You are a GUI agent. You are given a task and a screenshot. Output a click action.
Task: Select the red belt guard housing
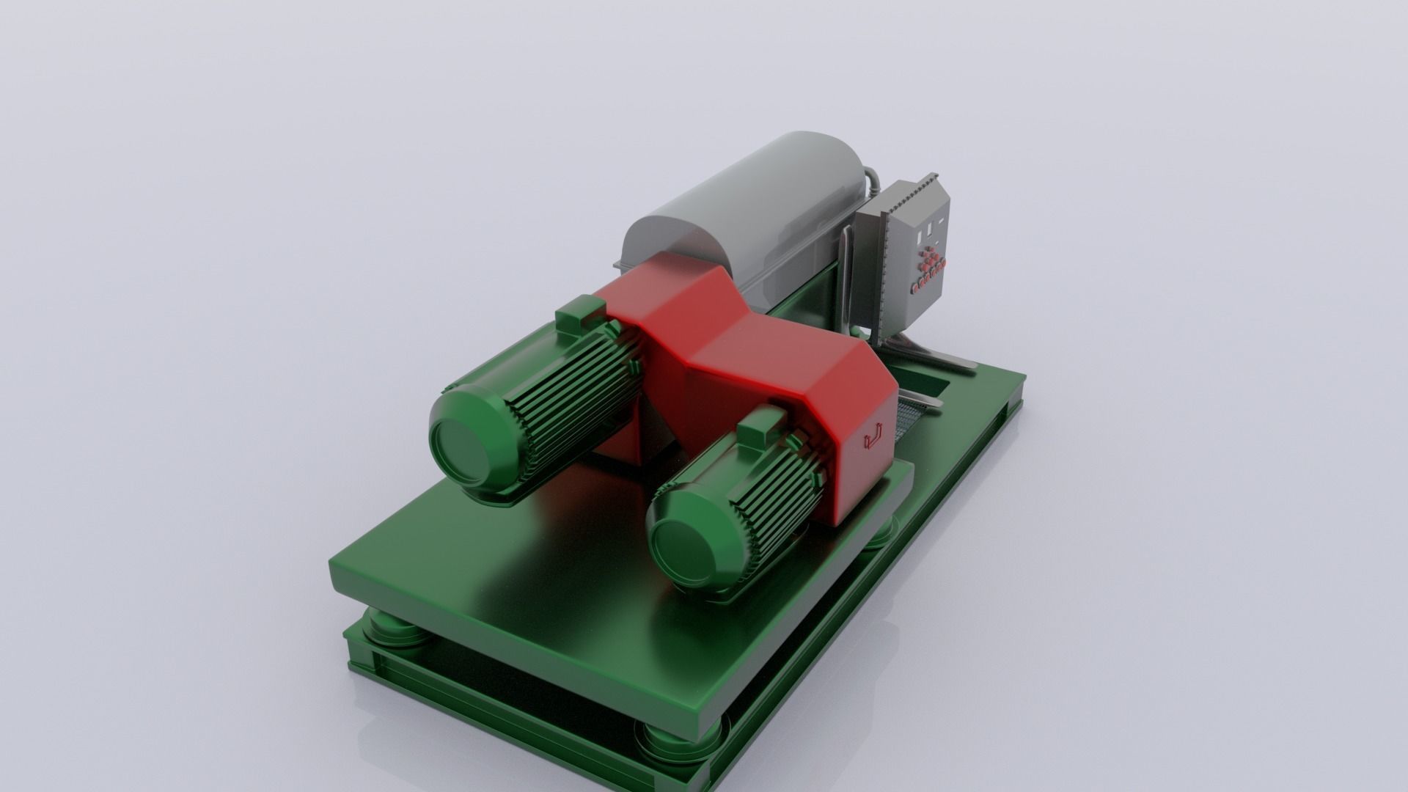click(x=733, y=345)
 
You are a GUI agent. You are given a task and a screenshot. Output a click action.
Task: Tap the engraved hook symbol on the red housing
click(x=874, y=437)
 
